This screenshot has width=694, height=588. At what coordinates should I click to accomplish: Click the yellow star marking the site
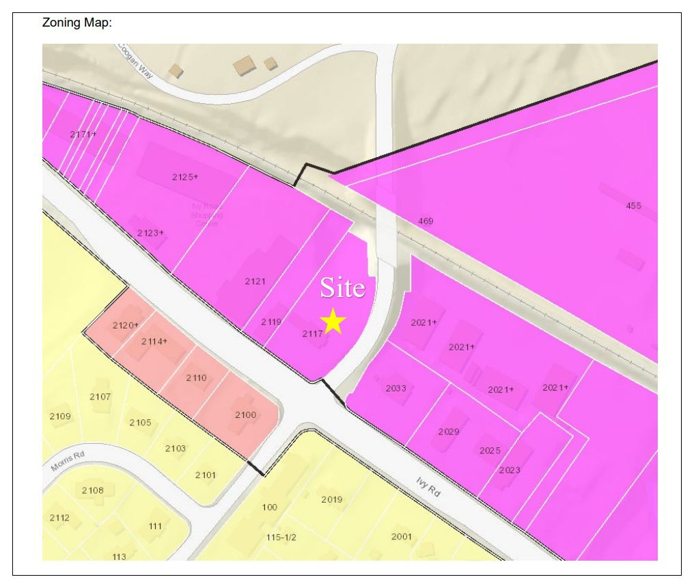[333, 320]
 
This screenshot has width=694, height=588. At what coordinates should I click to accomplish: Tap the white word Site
[343, 288]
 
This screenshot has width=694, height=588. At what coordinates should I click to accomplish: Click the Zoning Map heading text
[77, 23]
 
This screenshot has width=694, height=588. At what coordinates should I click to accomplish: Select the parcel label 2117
[311, 334]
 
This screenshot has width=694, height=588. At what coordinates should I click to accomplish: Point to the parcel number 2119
[271, 321]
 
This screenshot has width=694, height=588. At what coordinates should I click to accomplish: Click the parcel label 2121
[255, 281]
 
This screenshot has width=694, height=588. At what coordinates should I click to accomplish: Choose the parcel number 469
[426, 221]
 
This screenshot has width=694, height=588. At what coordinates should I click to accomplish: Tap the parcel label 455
[634, 206]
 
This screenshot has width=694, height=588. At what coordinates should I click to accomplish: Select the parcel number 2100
[245, 415]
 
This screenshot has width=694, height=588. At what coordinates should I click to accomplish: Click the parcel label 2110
[196, 378]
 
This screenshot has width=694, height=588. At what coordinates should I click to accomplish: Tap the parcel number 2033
[396, 389]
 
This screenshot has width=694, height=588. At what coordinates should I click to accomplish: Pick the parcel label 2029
[449, 432]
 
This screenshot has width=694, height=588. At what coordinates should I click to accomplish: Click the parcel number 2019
[332, 499]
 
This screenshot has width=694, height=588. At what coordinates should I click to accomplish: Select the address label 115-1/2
[281, 537]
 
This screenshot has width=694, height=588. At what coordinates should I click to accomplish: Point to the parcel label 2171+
[83, 134]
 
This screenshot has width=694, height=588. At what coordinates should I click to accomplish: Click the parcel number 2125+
[184, 177]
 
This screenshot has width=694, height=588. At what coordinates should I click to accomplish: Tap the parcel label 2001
[402, 536]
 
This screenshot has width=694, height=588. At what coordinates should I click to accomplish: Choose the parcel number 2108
[93, 490]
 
